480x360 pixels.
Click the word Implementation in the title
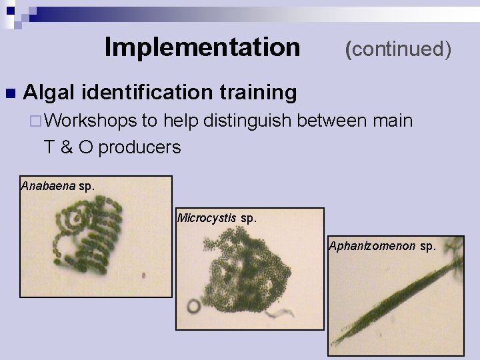click(203, 47)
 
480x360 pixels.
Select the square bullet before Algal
click(9, 92)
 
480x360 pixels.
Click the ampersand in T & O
click(67, 147)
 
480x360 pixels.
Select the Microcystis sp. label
click(217, 217)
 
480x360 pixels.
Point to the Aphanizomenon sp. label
click(381, 246)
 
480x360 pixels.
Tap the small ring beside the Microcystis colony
click(195, 307)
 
